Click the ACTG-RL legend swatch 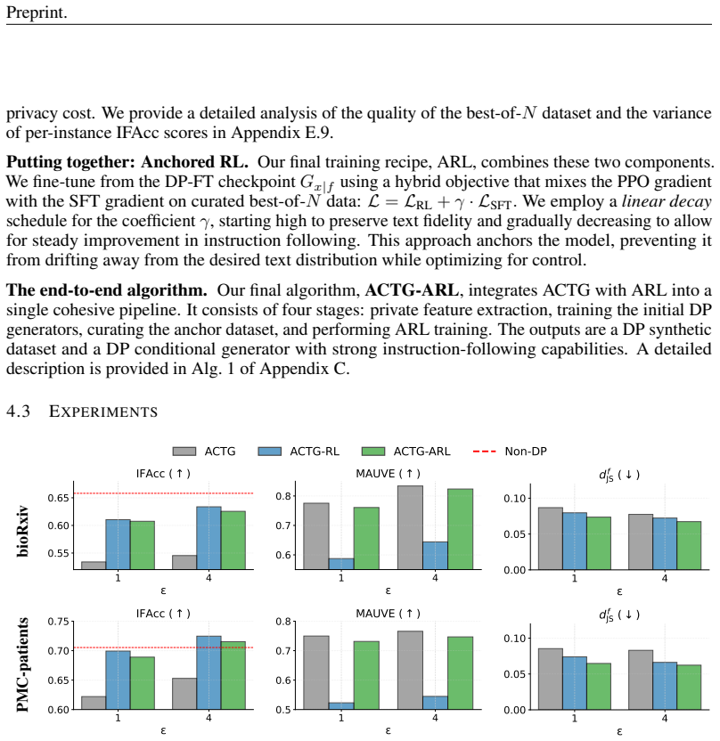coord(269,452)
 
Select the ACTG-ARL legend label coord(422,452)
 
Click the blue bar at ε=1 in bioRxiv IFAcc coord(118,544)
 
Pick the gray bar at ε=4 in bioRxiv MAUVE coord(411,527)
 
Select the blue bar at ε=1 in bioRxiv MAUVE coord(341,565)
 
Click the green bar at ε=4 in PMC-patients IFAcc coord(233,675)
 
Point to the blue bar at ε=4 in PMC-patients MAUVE coord(435,703)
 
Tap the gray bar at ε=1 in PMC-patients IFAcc coord(94,703)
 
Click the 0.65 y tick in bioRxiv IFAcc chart coord(58,498)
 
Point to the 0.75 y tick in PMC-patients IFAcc coord(58,622)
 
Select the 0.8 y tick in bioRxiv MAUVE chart coord(283,496)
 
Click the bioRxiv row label coord(22,532)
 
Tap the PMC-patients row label coord(22,665)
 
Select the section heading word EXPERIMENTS coord(103,411)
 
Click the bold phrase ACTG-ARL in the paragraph coord(412,290)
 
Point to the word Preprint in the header coord(37,12)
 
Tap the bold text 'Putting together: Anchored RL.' coord(127,162)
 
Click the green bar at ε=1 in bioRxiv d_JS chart coord(599,543)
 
